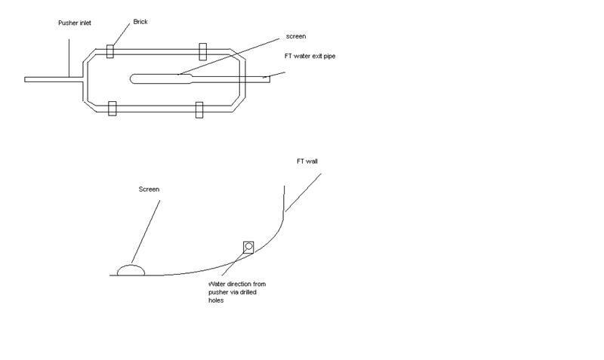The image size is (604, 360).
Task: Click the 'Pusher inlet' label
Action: (x=76, y=23)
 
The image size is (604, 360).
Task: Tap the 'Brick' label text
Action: (x=140, y=22)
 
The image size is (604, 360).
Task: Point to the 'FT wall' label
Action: (x=307, y=161)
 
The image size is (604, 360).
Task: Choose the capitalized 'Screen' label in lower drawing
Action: (x=149, y=189)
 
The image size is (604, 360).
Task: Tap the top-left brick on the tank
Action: (x=110, y=51)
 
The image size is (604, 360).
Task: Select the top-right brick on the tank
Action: (x=202, y=51)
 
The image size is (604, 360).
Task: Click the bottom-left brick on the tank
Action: (x=112, y=108)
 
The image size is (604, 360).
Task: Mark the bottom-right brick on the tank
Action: (x=199, y=109)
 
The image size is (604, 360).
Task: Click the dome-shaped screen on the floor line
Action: (x=131, y=269)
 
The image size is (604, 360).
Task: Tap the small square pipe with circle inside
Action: (x=248, y=246)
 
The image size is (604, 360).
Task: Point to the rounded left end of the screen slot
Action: (x=134, y=78)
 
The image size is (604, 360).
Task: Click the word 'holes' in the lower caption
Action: (x=216, y=300)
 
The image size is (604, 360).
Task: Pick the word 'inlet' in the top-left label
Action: (x=86, y=23)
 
